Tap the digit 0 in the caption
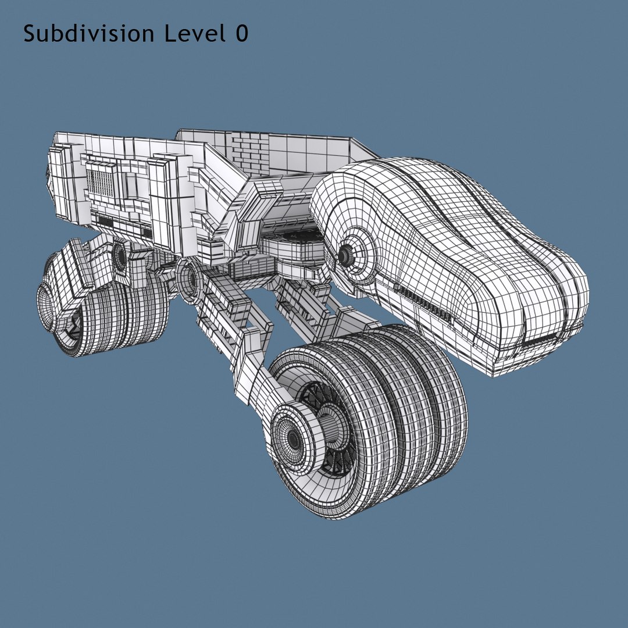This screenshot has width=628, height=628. pyautogui.click(x=242, y=34)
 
